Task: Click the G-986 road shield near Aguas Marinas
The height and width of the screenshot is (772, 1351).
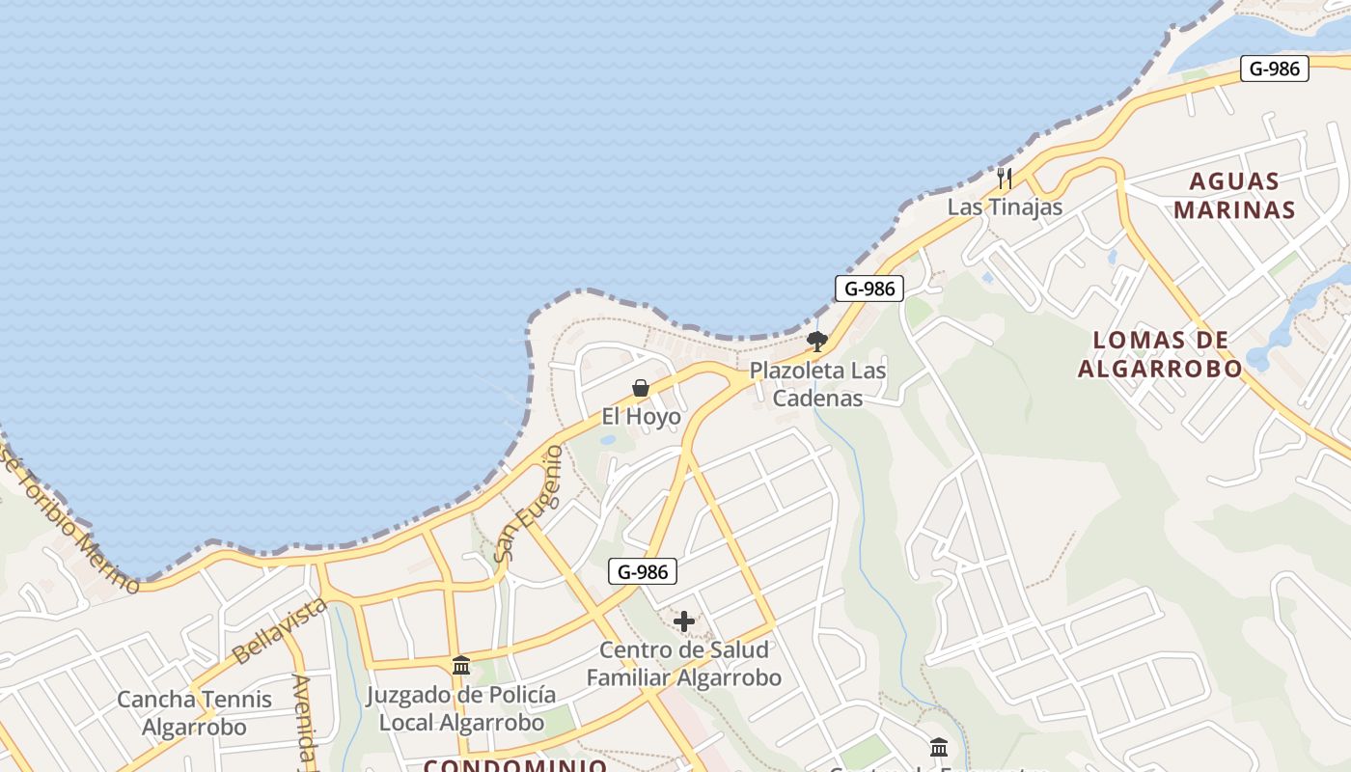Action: (1274, 69)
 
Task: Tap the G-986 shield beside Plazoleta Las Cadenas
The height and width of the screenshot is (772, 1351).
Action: (868, 289)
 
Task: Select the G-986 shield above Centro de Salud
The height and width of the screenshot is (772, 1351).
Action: (643, 572)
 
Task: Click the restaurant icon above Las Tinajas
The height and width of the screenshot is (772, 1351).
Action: (1005, 179)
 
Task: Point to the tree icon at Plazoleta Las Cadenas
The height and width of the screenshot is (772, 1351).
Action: (817, 341)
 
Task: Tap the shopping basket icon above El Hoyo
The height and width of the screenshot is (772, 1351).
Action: (640, 388)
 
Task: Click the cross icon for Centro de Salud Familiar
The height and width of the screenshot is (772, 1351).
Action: (684, 621)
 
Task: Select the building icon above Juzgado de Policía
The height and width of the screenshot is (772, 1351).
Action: (461, 666)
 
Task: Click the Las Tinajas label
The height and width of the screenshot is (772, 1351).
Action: (1005, 207)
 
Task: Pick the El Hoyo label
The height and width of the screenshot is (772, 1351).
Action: (641, 417)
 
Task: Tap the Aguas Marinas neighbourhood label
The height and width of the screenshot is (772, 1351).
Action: (1234, 195)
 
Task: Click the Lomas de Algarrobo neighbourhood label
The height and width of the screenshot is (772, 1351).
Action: (1160, 354)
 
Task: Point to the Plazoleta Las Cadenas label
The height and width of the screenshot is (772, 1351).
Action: (817, 384)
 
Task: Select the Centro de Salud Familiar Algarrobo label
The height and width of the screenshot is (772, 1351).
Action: (684, 664)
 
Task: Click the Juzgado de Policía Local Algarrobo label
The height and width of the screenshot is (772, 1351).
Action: (461, 708)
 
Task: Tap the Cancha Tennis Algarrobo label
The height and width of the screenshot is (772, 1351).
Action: (194, 713)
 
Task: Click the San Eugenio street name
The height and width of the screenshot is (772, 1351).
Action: (527, 504)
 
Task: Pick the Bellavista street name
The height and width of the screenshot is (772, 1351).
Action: (280, 630)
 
